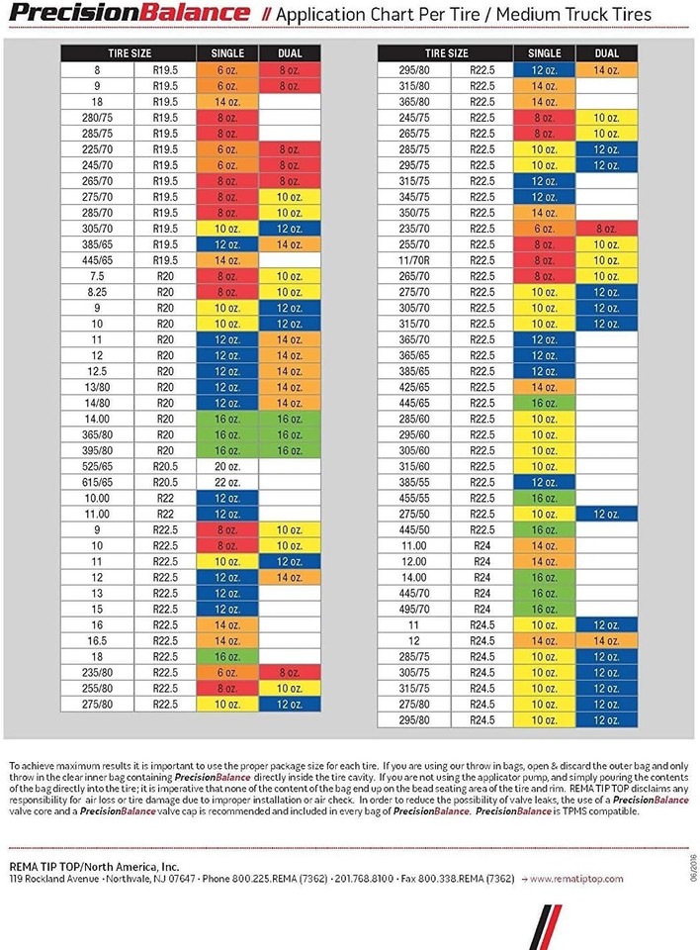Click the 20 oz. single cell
tap(227, 465)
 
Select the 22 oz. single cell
tap(227, 481)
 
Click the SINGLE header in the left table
tap(227, 52)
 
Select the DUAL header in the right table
tap(607, 52)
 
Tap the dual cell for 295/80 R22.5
tap(607, 69)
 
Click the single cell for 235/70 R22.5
tap(545, 228)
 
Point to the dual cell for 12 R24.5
tap(607, 639)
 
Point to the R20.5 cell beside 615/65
tap(165, 481)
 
